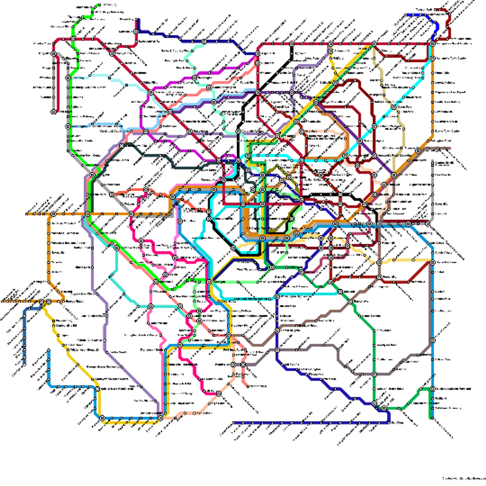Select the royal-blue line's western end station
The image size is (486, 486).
[407, 15]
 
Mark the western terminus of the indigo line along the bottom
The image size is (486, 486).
[234, 423]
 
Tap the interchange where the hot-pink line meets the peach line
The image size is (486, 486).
[219, 394]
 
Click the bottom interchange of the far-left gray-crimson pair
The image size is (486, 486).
[54, 111]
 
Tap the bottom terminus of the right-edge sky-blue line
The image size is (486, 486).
[432, 418]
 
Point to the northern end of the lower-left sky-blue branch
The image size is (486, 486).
[49, 351]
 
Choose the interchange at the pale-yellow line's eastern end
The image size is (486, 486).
[433, 262]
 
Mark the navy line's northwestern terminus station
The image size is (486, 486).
[138, 19]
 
